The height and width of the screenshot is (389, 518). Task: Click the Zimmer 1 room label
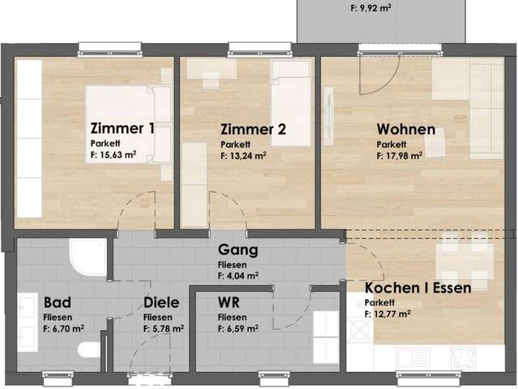point(122,128)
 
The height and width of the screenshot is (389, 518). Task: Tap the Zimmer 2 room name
point(253,130)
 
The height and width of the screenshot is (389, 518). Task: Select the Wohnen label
point(406,130)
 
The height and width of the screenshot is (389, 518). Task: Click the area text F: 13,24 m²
point(244,156)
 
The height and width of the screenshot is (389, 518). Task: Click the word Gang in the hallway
point(238,250)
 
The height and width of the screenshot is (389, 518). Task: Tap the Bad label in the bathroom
point(57,302)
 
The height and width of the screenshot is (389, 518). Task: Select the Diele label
point(162,302)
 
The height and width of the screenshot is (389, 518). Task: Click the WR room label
point(228,302)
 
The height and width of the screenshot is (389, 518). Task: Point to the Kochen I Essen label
point(418,288)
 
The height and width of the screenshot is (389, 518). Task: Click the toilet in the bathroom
point(89,350)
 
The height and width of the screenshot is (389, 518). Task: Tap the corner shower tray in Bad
point(87,257)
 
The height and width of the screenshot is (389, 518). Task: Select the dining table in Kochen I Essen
point(465,259)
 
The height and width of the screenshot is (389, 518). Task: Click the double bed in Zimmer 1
point(129,124)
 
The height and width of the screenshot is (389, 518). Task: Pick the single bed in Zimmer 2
point(291,103)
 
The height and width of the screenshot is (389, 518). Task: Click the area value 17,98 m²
point(399,156)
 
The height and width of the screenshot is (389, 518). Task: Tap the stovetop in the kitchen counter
point(463,358)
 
